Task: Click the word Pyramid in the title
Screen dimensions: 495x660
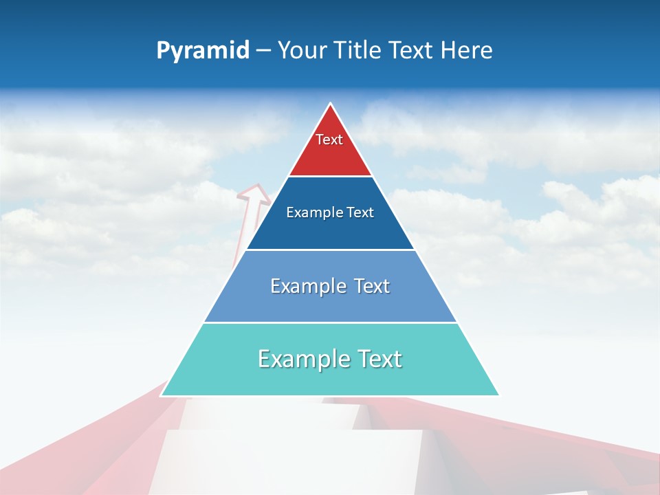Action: pos(203,51)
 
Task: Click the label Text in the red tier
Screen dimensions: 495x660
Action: pos(329,140)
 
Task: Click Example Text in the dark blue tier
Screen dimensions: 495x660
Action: pos(330,212)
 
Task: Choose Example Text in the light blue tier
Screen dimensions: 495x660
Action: pos(330,286)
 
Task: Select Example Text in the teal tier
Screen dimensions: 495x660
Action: pos(330,359)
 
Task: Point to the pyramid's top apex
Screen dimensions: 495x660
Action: pos(331,104)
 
